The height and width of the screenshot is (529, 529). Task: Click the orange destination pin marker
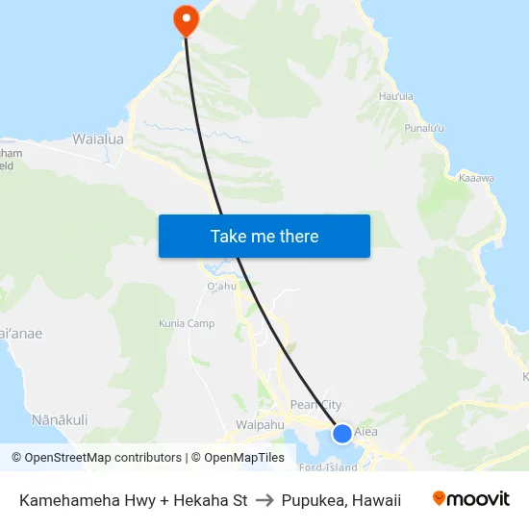pos(185,19)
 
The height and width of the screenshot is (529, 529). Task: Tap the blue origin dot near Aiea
pos(341,434)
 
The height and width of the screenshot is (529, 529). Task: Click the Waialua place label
pos(98,139)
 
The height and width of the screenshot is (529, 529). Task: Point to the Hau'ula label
pos(396,96)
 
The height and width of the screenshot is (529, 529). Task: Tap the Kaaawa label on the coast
pos(476,178)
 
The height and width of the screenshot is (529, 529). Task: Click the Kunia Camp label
pos(187,324)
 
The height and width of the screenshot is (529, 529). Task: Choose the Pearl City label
pos(315,406)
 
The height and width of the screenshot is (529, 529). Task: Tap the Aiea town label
pos(366,432)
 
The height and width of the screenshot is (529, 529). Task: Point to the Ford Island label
pos(328,467)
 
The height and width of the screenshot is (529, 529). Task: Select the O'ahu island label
pos(221,286)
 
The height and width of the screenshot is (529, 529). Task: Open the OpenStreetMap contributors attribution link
pos(96,458)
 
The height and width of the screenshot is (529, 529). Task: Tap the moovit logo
pos(471,499)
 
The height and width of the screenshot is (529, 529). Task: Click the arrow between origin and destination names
pos(264,500)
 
